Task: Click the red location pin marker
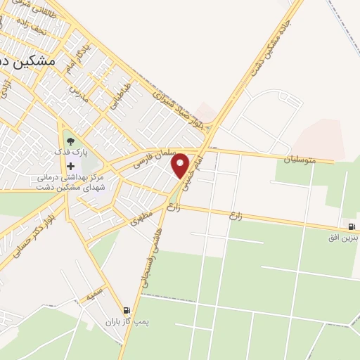click(181, 165)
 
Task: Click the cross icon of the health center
click(70, 167)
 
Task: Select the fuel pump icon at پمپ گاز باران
click(126, 310)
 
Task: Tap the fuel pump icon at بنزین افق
click(352, 226)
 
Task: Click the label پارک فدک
click(70, 152)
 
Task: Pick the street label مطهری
click(141, 221)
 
